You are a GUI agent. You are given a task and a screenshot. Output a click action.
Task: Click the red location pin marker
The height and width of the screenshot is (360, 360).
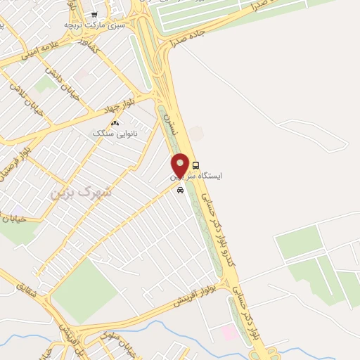click(181, 165)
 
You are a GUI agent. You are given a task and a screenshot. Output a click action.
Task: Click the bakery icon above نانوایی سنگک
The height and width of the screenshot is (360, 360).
click(115, 122)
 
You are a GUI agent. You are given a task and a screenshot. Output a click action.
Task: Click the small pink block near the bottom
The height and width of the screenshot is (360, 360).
click(228, 332)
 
